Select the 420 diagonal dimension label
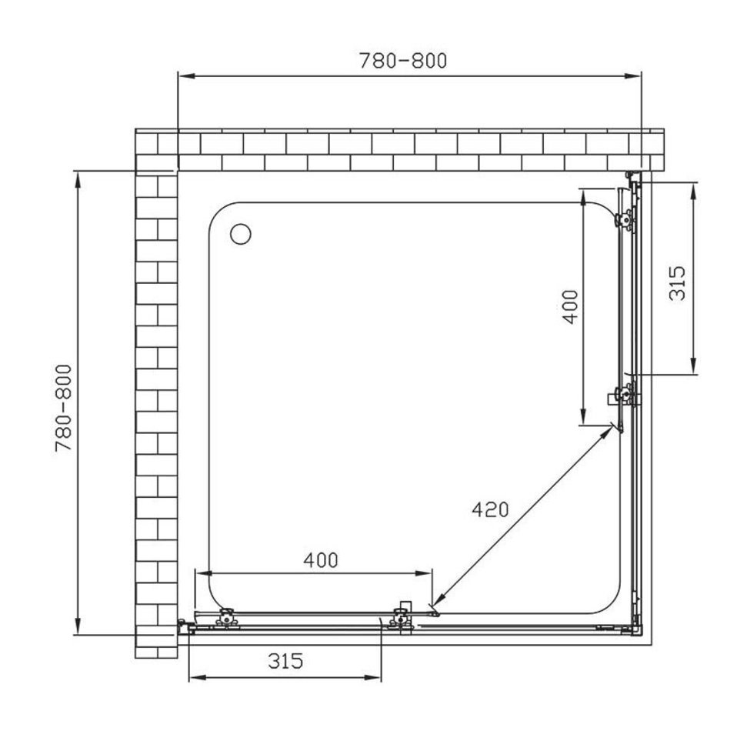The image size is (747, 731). click(490, 509)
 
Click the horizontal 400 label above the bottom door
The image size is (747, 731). click(321, 560)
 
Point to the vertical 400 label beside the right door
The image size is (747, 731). click(570, 307)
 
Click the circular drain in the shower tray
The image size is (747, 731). click(241, 234)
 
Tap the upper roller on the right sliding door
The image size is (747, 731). click(625, 220)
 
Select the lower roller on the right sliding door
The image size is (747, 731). click(624, 395)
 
